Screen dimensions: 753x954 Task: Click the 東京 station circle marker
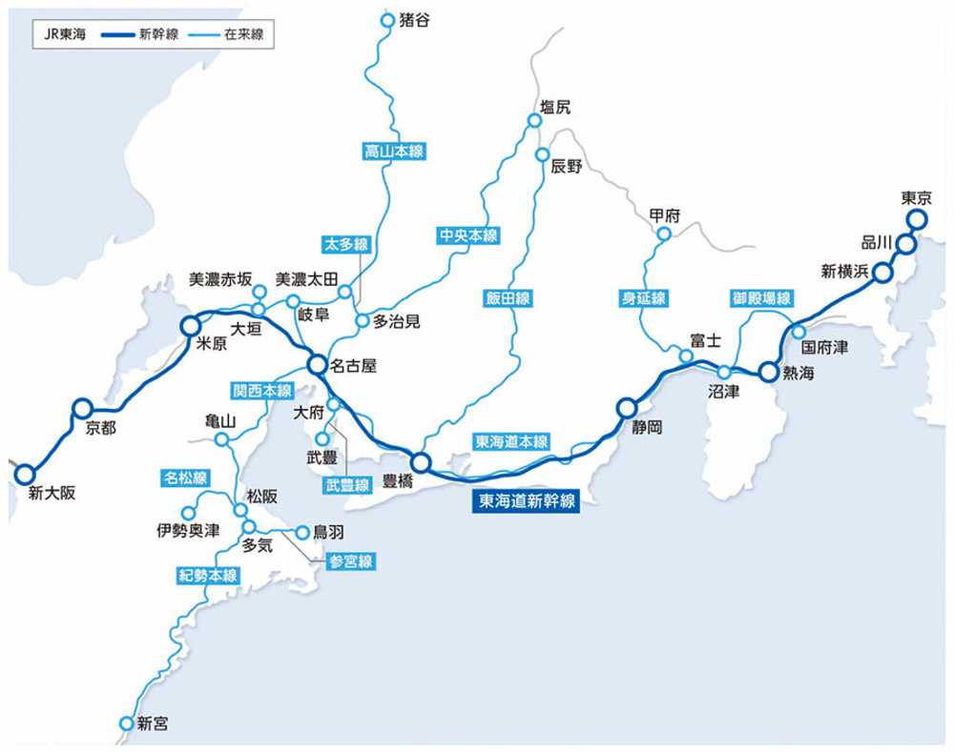[917, 220]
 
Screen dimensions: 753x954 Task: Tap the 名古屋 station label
[355, 365]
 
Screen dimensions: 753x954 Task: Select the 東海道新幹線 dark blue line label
[527, 500]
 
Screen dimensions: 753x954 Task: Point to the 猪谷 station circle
[386, 20]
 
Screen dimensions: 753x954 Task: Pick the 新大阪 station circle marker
[23, 472]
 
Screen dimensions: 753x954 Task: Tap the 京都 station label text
[100, 429]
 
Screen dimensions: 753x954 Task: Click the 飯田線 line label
[506, 298]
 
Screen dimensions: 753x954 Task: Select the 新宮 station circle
[126, 723]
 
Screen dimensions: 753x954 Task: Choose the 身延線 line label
[641, 298]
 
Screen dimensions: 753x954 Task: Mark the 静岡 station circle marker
[626, 407]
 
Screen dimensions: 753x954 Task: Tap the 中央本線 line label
[468, 234]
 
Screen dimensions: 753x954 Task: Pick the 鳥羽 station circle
[302, 533]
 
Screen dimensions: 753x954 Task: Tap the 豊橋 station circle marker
[421, 464]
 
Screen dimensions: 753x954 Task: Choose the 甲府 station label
[664, 215]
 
